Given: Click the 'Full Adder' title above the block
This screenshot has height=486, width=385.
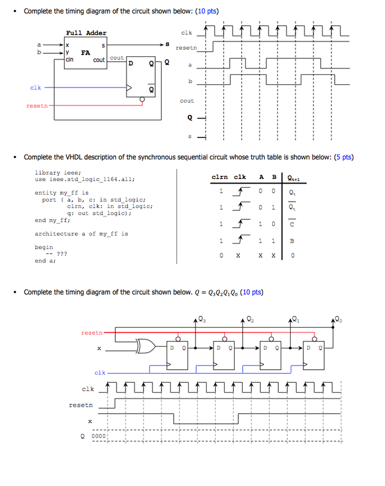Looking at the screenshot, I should pyautogui.click(x=86, y=33).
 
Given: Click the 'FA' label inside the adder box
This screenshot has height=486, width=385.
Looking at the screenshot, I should pyautogui.click(x=85, y=53).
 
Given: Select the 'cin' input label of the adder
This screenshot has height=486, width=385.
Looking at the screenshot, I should pyautogui.click(x=70, y=60).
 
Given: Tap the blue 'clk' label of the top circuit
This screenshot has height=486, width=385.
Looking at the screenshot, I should pyautogui.click(x=36, y=87).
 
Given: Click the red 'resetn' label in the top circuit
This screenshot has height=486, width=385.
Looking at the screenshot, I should pyautogui.click(x=37, y=105).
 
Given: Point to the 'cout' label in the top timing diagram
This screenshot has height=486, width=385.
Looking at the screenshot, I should pyautogui.click(x=187, y=101).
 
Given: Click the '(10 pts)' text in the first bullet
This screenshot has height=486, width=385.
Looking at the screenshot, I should pyautogui.click(x=208, y=11).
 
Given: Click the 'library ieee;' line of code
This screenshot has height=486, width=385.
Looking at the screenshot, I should pyautogui.click(x=58, y=173).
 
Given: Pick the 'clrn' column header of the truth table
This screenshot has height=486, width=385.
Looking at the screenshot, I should pyautogui.click(x=219, y=177).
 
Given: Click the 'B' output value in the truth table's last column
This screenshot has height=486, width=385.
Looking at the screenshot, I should pyautogui.click(x=292, y=241).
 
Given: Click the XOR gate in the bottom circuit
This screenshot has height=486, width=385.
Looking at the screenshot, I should pyautogui.click(x=143, y=346).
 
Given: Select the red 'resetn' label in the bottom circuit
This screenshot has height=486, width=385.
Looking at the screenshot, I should pyautogui.click(x=92, y=333).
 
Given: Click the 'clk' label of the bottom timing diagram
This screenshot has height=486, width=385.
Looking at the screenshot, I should pyautogui.click(x=88, y=389).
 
